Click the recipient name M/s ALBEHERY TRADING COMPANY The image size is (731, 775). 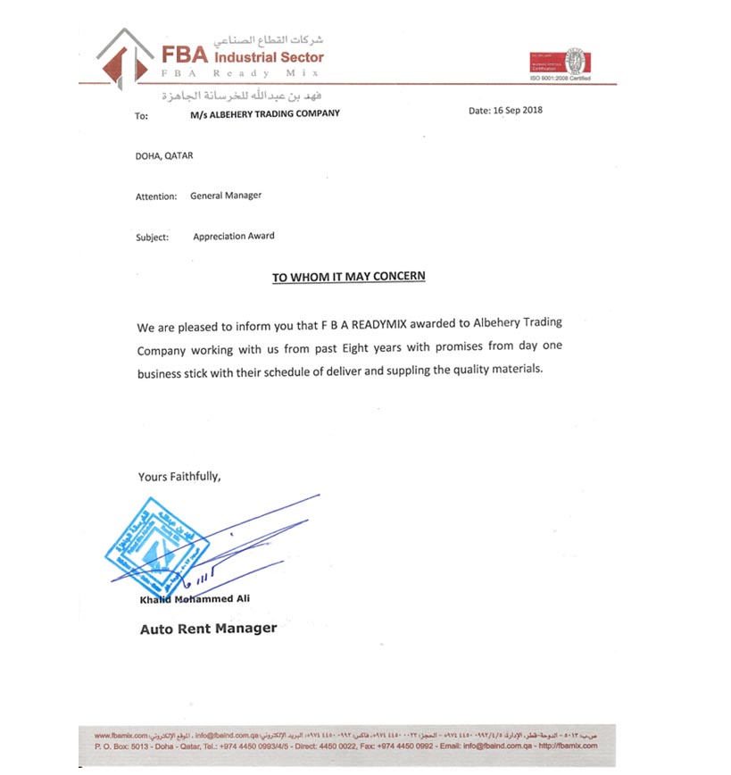click(x=265, y=114)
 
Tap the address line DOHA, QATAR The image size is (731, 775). click(x=164, y=155)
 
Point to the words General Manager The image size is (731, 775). click(x=226, y=195)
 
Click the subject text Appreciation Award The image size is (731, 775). click(x=234, y=237)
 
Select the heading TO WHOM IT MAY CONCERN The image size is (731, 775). click(x=349, y=277)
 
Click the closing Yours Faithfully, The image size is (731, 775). click(x=179, y=477)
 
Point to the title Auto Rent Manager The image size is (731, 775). click(x=208, y=629)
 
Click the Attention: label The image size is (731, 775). click(x=156, y=196)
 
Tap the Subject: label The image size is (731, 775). click(x=153, y=237)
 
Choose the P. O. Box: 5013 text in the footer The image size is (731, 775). click(x=123, y=745)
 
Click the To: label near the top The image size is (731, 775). click(x=141, y=115)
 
